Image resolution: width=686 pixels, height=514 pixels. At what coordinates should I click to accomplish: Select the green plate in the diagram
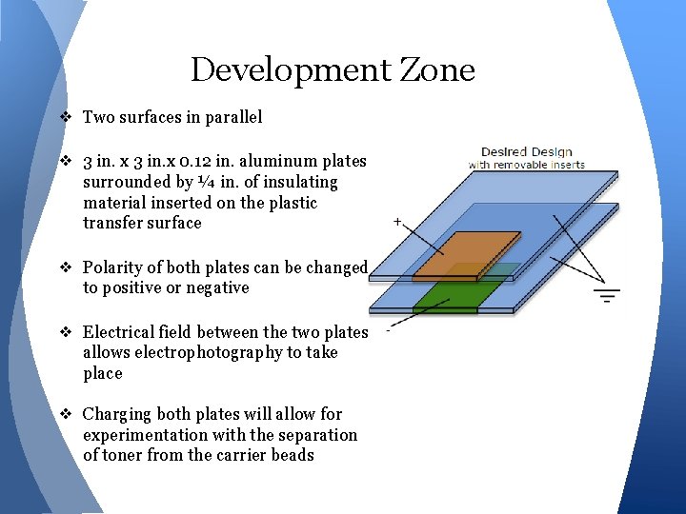447,293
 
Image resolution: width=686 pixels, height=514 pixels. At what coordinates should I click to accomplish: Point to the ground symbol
607,295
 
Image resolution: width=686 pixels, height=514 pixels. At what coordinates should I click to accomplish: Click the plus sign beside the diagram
396,221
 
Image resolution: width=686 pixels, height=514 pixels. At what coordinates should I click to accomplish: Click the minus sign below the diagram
388,333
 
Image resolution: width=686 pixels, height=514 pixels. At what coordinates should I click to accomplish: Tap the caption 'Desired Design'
526,151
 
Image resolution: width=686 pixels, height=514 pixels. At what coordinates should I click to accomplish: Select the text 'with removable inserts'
526,165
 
